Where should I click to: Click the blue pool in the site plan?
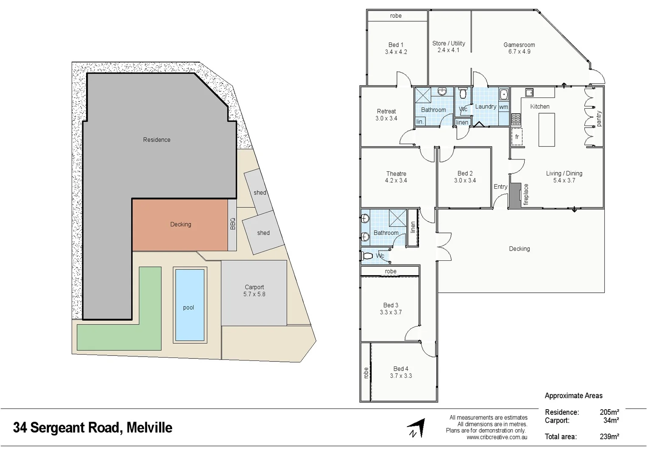click(190, 305)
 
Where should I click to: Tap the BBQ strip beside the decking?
click(232, 224)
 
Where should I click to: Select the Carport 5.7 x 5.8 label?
click(254, 290)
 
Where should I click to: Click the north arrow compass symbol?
click(416, 428)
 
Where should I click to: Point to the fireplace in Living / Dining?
click(515, 195)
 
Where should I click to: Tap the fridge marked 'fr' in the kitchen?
click(517, 137)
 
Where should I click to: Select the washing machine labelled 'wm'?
click(503, 107)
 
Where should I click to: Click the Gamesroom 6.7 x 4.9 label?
click(519, 48)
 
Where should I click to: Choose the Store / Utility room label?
click(449, 47)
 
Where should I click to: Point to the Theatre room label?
click(396, 177)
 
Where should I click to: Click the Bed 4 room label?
click(401, 372)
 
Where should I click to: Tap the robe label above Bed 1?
click(396, 16)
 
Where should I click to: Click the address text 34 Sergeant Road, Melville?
click(92, 427)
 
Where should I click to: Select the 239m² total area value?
click(609, 436)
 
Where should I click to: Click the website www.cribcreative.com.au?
click(497, 437)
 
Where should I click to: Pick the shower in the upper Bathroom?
click(422, 95)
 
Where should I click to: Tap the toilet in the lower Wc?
click(368, 256)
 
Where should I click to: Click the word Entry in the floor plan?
click(500, 187)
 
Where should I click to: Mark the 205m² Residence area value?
click(609, 412)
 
